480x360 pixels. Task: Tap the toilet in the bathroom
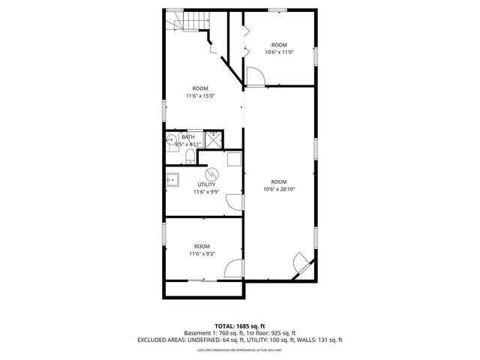(190, 157)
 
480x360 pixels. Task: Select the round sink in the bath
(171, 139)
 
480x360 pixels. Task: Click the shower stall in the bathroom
(214, 139)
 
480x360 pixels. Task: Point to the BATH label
(188, 137)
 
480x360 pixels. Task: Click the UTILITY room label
(206, 184)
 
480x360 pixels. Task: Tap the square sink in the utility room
(173, 179)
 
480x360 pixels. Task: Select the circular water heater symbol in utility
(212, 171)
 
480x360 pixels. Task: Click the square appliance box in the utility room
(233, 159)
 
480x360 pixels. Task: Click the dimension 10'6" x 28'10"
(278, 190)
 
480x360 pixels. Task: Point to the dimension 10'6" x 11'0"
(279, 52)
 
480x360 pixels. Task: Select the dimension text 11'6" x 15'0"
(200, 96)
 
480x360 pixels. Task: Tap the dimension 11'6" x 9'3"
(202, 254)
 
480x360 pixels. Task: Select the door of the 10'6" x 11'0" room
(253, 76)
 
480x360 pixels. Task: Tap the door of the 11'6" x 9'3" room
(233, 269)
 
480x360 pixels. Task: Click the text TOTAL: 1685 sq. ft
(240, 325)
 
